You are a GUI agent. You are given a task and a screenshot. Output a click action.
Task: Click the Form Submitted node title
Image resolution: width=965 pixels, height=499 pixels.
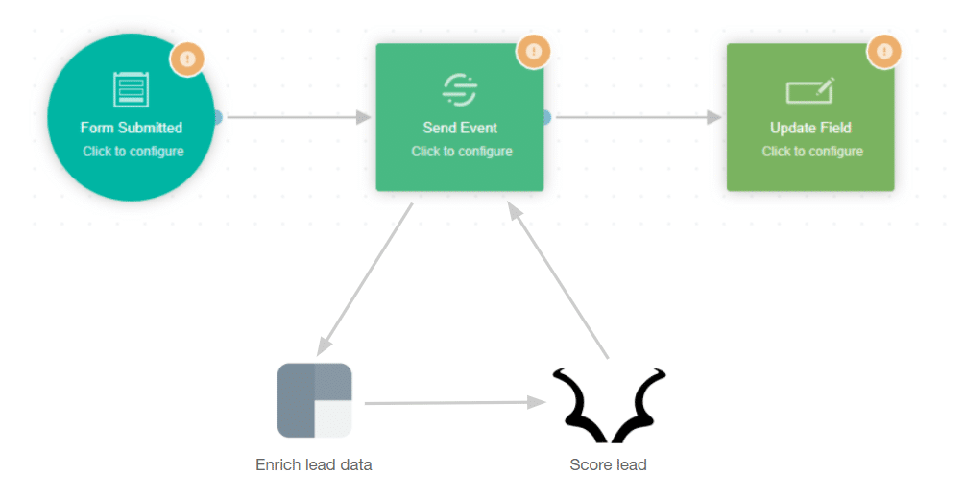pyautogui.click(x=132, y=128)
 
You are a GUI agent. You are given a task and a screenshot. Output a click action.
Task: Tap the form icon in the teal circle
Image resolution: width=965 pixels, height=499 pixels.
pyautogui.click(x=131, y=89)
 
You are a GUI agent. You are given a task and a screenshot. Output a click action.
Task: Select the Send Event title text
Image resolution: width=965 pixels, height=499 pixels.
pyautogui.click(x=460, y=128)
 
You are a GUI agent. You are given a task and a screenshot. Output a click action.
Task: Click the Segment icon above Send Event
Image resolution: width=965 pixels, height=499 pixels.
pyautogui.click(x=460, y=89)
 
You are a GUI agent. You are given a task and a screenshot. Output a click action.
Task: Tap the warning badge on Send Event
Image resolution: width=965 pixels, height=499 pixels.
pyautogui.click(x=533, y=51)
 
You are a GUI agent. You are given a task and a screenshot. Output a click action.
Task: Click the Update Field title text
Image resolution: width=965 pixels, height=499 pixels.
pyautogui.click(x=810, y=128)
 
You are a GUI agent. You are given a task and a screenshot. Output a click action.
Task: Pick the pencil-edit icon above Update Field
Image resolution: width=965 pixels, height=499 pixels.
pyautogui.click(x=810, y=90)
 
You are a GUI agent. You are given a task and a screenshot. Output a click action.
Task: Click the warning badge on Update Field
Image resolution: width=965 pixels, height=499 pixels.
pyautogui.click(x=884, y=51)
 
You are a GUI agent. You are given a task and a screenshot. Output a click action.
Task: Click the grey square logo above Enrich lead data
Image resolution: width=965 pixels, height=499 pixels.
pyautogui.click(x=315, y=400)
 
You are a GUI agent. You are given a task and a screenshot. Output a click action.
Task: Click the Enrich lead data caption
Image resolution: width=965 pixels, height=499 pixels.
pyautogui.click(x=314, y=465)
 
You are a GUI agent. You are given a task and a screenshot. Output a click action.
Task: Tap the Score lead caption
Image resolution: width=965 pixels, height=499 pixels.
pyautogui.click(x=608, y=465)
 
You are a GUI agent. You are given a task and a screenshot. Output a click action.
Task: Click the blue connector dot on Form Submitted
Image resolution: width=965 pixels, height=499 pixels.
pyautogui.click(x=218, y=117)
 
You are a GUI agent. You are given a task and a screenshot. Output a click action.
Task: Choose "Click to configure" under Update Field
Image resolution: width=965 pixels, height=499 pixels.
pyautogui.click(x=812, y=152)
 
